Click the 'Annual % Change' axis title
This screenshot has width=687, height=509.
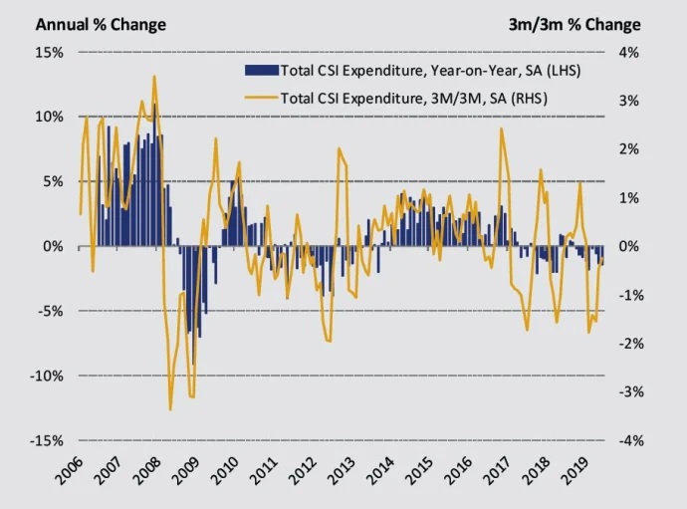click(101, 24)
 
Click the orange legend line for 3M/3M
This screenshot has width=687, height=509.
click(259, 98)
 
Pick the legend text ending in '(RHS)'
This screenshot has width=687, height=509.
click(415, 98)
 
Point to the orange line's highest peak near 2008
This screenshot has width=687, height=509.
click(153, 77)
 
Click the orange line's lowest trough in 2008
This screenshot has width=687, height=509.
click(170, 409)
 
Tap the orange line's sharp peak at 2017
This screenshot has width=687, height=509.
click(500, 128)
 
